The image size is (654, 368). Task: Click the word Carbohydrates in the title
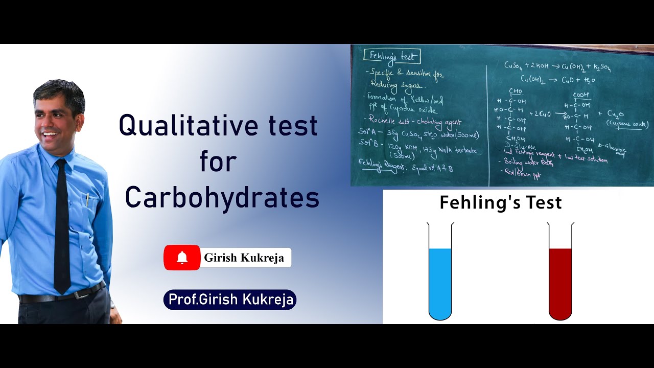(x=222, y=198)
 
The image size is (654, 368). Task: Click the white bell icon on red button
(x=182, y=258)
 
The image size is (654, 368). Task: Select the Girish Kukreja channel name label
(x=244, y=258)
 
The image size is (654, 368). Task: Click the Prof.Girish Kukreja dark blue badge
(x=230, y=300)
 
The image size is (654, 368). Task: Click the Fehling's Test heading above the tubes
(x=501, y=202)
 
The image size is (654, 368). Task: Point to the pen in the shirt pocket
(x=87, y=199)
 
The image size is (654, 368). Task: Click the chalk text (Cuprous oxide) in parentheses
(x=627, y=124)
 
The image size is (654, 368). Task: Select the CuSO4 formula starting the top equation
(x=515, y=65)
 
